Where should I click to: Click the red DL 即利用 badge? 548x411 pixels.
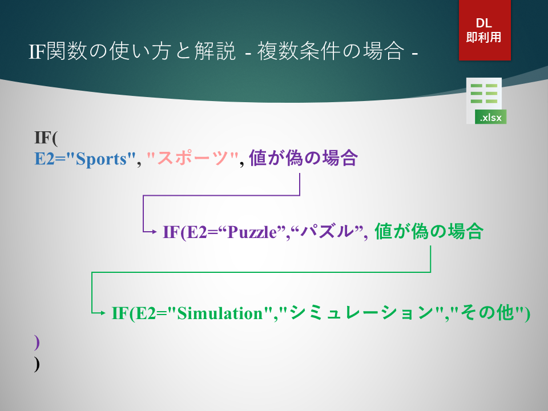point(485,30)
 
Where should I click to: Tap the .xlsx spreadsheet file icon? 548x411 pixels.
point(486,100)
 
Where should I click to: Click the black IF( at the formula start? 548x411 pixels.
point(46,138)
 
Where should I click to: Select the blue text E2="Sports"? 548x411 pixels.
point(85,159)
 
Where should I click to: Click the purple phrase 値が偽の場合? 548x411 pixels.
point(303,158)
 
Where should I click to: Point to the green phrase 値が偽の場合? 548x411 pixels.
point(429,231)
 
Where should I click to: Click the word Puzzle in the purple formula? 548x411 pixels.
point(252,232)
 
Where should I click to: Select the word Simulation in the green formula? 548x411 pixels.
point(220,313)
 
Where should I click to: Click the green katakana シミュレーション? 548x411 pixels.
point(362,312)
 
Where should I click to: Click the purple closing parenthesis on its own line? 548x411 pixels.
point(37,342)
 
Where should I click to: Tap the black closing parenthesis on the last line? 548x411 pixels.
point(37,364)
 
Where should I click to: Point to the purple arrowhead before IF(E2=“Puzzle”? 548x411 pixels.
point(155,231)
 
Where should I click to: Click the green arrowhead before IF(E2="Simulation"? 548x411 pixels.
point(103,313)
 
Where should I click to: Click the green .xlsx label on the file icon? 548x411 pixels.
point(491,117)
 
